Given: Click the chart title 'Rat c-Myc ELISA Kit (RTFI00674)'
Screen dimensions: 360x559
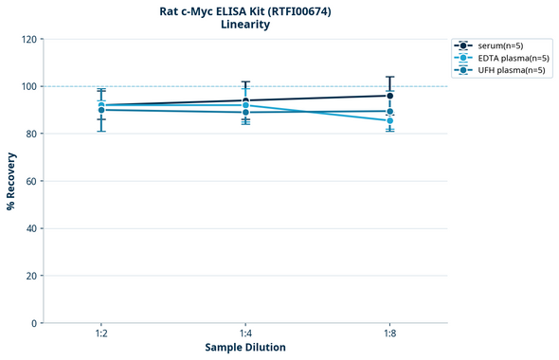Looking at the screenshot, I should point(245,10).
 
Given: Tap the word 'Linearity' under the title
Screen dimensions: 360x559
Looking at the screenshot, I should point(245,25).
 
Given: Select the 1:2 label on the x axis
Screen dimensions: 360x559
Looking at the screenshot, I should point(101,334).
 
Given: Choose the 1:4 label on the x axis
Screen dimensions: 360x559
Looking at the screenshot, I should point(245,334).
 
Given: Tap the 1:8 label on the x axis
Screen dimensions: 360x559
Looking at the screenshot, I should point(389,334).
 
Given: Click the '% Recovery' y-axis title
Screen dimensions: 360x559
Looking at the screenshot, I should point(11,181).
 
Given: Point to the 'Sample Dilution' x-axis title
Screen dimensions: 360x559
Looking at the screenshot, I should point(245,348).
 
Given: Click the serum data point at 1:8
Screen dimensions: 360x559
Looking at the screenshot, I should point(389,96).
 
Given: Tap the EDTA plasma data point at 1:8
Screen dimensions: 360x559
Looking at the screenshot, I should point(389,120).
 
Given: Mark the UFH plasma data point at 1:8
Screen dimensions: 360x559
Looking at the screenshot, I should point(389,111).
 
